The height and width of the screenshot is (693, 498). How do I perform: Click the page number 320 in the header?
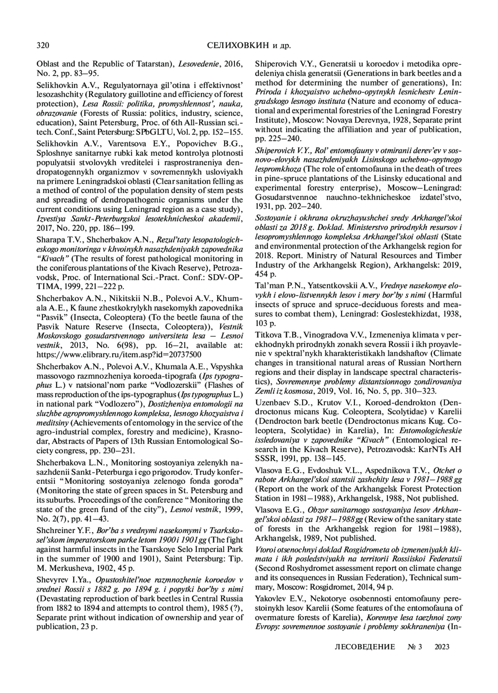(x=44, y=45)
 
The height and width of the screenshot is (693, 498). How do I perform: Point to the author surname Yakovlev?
(x=271, y=599)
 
